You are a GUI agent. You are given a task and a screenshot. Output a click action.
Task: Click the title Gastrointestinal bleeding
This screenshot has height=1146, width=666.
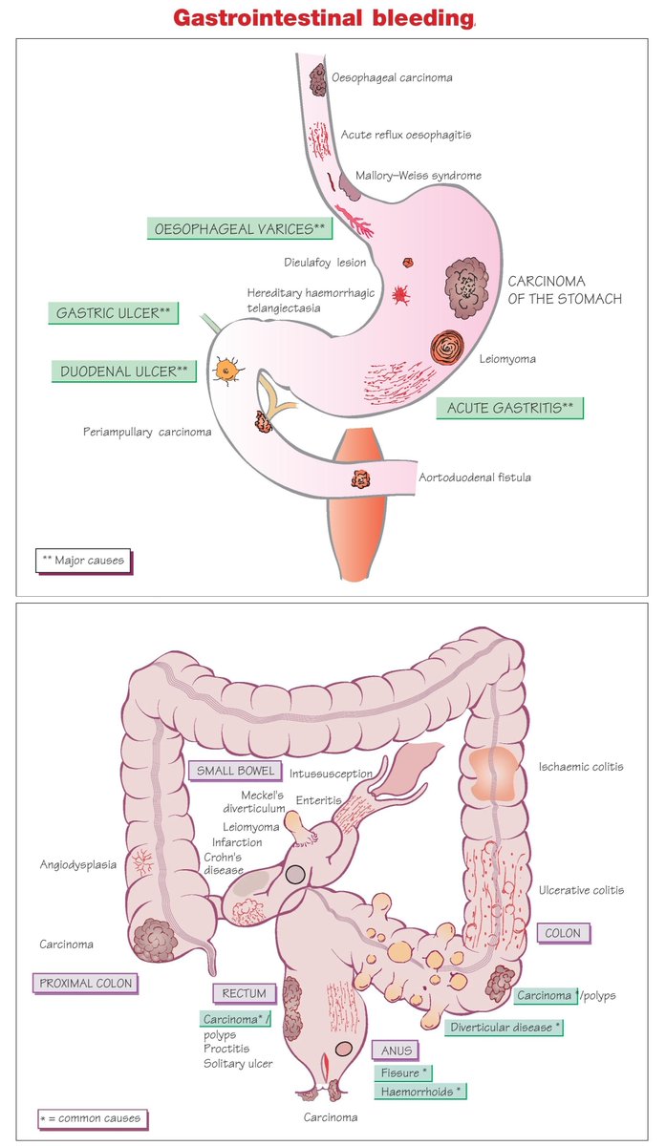324,18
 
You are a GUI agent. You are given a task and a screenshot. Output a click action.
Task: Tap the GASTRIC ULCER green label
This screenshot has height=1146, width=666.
113,313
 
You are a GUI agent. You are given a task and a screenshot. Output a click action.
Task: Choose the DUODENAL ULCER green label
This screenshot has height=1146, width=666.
124,371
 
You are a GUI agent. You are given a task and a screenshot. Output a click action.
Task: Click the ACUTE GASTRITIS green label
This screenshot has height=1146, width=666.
509,408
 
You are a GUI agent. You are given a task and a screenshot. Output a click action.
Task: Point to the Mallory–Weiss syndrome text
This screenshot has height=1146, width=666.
418,176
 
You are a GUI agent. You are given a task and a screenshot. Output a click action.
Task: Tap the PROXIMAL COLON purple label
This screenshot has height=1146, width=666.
84,982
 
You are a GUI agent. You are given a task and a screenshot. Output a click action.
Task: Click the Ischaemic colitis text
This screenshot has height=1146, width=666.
580,766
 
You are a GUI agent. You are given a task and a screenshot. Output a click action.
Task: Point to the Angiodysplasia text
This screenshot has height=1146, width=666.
78,865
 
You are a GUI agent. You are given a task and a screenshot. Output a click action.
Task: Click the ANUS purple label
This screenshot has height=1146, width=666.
396,1051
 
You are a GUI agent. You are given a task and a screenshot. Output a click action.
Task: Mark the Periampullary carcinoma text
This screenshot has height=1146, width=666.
147,432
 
